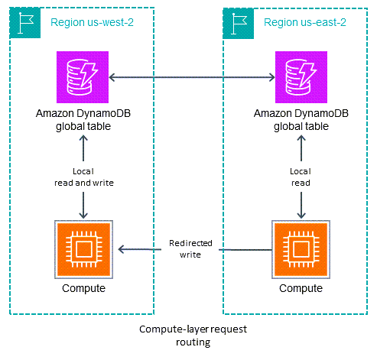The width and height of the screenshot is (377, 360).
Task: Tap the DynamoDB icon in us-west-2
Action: [x=83, y=76]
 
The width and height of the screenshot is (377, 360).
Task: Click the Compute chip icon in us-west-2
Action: [x=83, y=249]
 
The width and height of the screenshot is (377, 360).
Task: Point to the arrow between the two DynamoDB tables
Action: [x=191, y=76]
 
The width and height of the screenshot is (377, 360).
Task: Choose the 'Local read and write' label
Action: [x=83, y=177]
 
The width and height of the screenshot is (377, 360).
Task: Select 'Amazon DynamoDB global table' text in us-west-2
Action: [x=83, y=118]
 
